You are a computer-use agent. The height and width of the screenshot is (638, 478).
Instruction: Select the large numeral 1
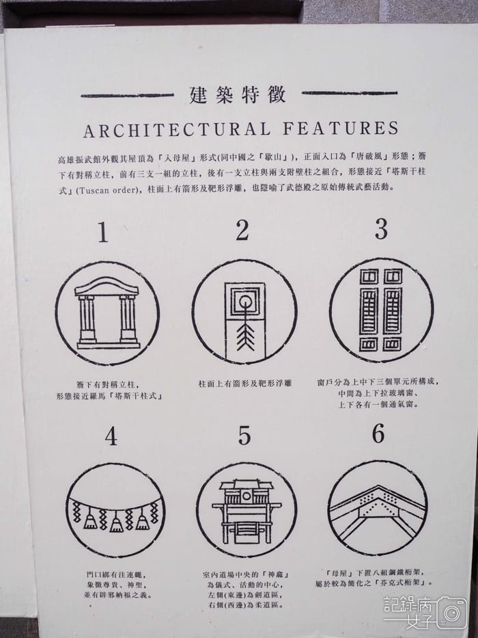pyautogui.click(x=102, y=233)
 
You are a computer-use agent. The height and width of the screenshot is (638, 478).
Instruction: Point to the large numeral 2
pyautogui.click(x=242, y=232)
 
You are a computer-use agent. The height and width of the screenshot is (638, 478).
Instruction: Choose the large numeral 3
pyautogui.click(x=381, y=230)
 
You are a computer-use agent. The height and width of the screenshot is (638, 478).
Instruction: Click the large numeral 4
pyautogui.click(x=110, y=436)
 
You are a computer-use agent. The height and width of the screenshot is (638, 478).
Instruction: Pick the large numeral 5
pyautogui.click(x=244, y=436)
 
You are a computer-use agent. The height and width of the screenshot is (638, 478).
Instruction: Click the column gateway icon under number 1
pyautogui.click(x=108, y=313)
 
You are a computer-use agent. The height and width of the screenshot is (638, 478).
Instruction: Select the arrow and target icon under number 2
pyautogui.click(x=244, y=311)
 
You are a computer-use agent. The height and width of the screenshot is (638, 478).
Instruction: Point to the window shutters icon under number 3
pyautogui.click(x=381, y=309)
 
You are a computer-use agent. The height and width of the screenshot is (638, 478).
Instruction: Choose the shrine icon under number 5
pyautogui.click(x=247, y=511)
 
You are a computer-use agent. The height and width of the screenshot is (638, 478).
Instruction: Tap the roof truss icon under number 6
pyautogui.click(x=378, y=507)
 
